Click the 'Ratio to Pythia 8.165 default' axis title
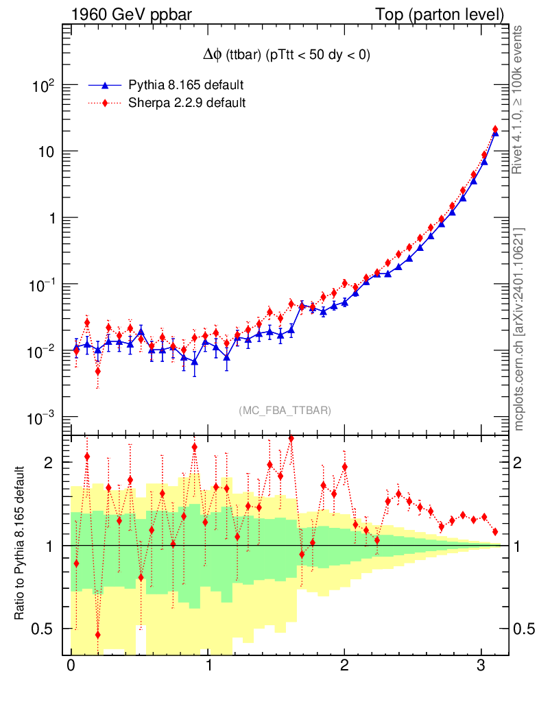click(x=21, y=544)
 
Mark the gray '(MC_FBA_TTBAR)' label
click(x=285, y=411)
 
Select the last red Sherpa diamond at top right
click(x=495, y=130)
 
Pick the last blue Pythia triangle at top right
click(x=495, y=134)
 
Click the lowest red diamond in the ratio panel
click(x=98, y=635)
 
